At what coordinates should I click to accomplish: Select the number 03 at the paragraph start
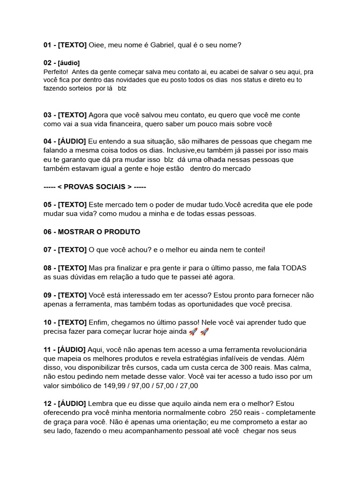pos(48,115)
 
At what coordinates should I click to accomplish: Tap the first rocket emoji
pos(193,331)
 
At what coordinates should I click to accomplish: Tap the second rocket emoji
pos(204,331)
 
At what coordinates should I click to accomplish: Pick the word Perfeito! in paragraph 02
pos(55,72)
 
